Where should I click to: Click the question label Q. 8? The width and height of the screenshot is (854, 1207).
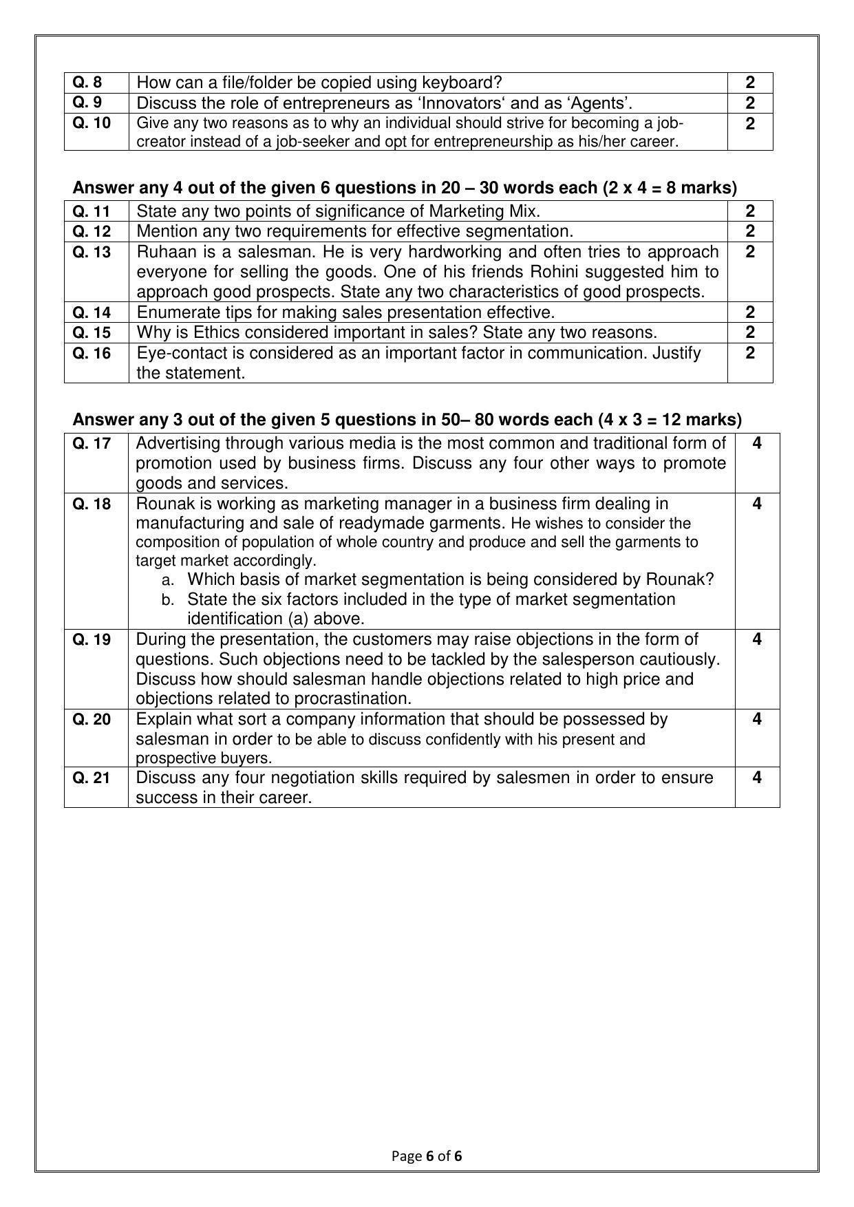(87, 83)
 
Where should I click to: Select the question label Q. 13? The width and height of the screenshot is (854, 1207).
(92, 252)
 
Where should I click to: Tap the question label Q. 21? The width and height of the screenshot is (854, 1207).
(92, 778)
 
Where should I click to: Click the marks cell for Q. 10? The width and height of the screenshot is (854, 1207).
(750, 124)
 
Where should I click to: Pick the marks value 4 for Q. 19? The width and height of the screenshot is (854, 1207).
(757, 639)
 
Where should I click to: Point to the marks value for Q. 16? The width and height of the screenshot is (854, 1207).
(750, 353)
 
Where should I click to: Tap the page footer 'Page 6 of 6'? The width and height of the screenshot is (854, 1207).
(427, 1155)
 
